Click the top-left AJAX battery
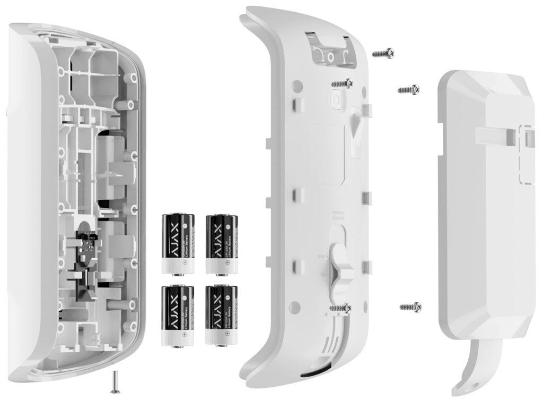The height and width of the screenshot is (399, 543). (178, 244)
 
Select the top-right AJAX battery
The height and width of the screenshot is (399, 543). (222, 244)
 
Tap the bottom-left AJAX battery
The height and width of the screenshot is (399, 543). (178, 316)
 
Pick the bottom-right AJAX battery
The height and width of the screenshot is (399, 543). (222, 316)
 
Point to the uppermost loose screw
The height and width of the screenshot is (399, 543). (383, 53)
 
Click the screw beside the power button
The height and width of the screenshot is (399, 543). (342, 83)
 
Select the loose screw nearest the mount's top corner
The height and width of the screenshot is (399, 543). (409, 89)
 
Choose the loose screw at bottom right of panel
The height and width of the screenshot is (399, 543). (410, 307)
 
